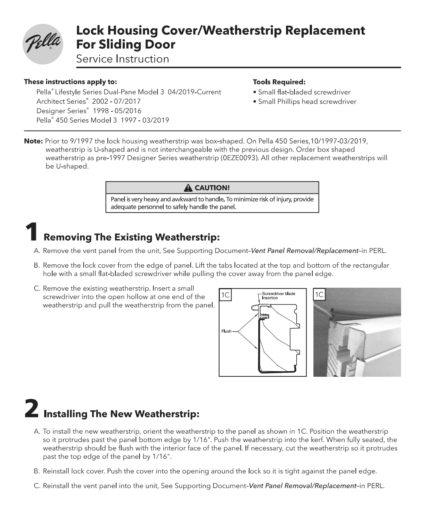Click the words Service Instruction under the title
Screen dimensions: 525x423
coord(122,59)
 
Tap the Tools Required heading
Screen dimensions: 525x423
coord(279,82)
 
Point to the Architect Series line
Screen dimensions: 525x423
coord(88,101)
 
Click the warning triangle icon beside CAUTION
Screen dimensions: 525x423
coord(188,188)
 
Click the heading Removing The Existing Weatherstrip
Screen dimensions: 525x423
coord(132,237)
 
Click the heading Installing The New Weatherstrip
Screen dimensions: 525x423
coord(121,414)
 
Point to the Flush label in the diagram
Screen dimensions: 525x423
coord(226,331)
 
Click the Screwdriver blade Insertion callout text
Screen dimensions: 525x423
coord(278,296)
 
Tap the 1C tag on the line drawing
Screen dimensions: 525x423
coord(226,295)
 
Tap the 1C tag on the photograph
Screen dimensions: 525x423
coord(319,295)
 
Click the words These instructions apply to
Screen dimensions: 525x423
coord(70,82)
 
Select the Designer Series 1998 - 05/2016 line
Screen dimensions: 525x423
coord(89,111)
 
